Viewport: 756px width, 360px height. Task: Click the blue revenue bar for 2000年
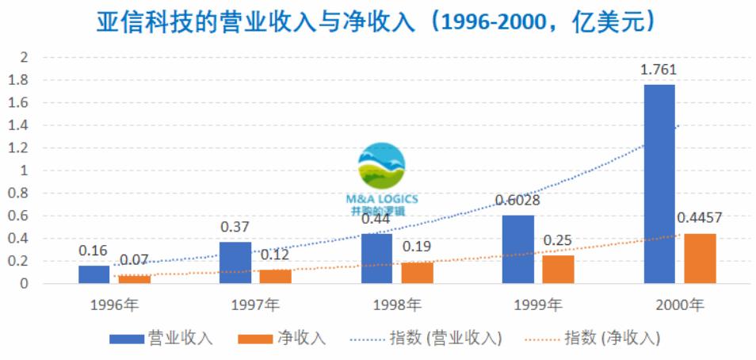pyautogui.click(x=659, y=183)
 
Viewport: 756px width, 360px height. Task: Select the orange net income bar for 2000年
pyautogui.click(x=700, y=258)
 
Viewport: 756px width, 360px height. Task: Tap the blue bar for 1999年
pyautogui.click(x=518, y=249)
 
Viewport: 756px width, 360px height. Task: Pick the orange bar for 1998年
pyautogui.click(x=418, y=272)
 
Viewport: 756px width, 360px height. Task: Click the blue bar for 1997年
pyautogui.click(x=235, y=262)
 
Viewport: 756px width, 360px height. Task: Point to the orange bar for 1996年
pyautogui.click(x=134, y=278)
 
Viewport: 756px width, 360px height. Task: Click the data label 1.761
pyautogui.click(x=659, y=71)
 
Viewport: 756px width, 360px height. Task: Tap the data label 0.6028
pyautogui.click(x=517, y=201)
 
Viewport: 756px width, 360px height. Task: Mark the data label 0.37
pyautogui.click(x=235, y=227)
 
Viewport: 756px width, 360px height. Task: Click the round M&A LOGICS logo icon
pyautogui.click(x=381, y=167)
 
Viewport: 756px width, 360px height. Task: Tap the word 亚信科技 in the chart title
pyautogui.click(x=132, y=21)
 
